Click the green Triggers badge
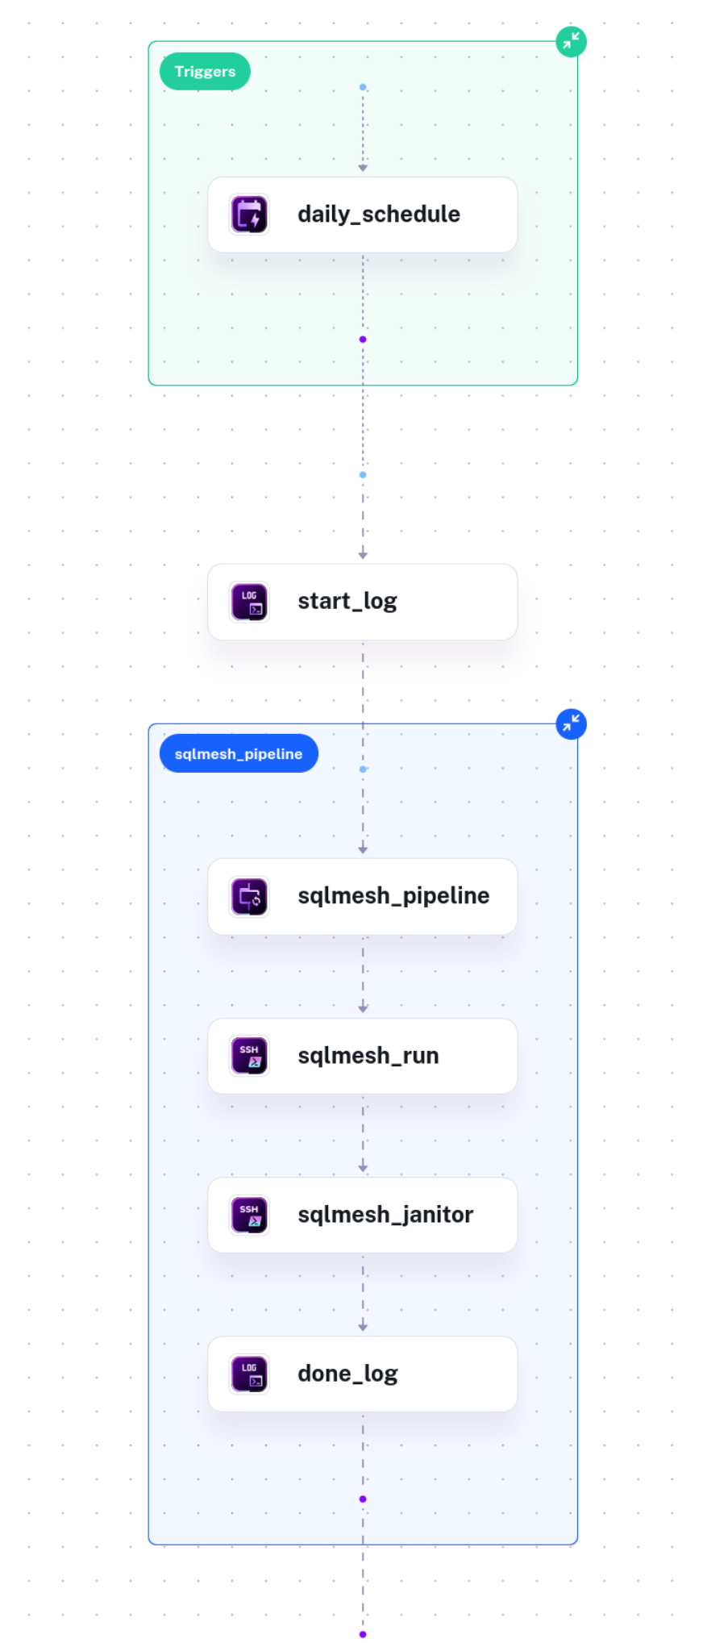point(205,72)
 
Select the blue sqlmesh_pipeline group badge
point(239,753)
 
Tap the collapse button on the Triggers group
point(571,41)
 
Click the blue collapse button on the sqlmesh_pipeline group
point(571,724)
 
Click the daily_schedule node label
point(379,215)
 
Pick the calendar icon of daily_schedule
point(250,215)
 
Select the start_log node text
point(347,602)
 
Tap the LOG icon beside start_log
point(250,603)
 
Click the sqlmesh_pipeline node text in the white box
point(393,896)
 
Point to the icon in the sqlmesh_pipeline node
point(250,897)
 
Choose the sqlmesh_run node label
point(368,1056)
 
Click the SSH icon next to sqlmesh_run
point(250,1056)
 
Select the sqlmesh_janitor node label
point(385,1215)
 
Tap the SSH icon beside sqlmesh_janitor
point(250,1216)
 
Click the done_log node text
point(348,1374)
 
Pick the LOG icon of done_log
point(250,1374)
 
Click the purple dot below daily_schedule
point(363,340)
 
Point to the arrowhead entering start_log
point(363,555)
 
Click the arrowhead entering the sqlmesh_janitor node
point(363,1168)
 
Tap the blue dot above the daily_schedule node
point(363,87)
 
